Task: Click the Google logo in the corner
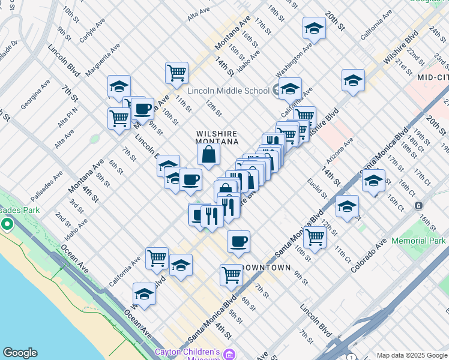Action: point(20,353)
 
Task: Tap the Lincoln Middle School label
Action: point(228,91)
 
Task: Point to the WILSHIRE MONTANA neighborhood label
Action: point(217,137)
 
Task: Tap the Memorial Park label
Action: point(418,241)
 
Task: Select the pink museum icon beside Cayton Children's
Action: point(228,355)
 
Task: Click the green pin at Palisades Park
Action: point(7,224)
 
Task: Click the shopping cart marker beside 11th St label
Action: point(176,73)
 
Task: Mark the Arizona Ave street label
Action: point(340,151)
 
